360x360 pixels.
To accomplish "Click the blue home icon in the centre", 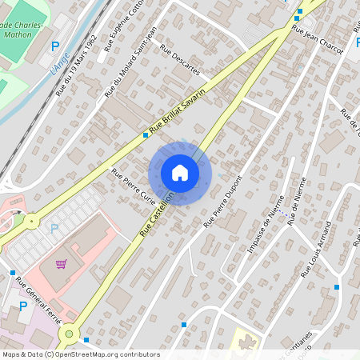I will click(x=180, y=173).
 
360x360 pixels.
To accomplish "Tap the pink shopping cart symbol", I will click(x=61, y=263).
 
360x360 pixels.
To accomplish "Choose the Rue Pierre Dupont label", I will click(x=222, y=202).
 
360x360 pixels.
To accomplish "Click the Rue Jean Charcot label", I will click(x=318, y=39).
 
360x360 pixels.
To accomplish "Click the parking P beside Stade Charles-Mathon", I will click(x=55, y=47).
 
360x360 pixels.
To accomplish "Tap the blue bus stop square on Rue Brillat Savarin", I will click(x=146, y=135).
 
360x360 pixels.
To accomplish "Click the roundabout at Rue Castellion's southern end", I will click(x=69, y=334).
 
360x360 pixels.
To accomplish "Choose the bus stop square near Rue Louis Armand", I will click(x=337, y=286).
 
